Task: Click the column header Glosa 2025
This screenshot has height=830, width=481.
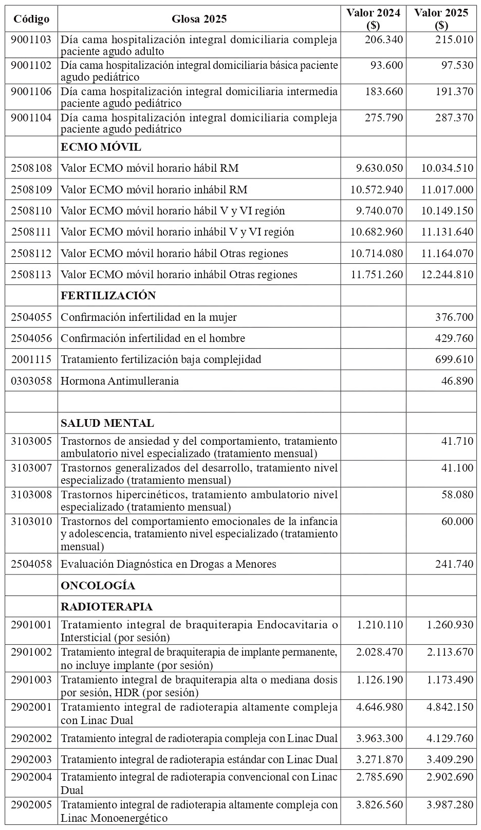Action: pos(199,19)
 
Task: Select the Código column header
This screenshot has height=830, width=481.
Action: pos(31,19)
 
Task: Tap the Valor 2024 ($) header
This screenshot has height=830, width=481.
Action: pos(373,19)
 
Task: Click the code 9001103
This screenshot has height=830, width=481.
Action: pos(31,39)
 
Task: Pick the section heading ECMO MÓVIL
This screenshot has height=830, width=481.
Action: pos(101,147)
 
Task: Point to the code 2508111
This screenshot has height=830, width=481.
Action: pos(31,232)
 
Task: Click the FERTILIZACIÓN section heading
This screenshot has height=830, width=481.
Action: pos(108,296)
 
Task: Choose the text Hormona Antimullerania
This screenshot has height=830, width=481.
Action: pos(120,381)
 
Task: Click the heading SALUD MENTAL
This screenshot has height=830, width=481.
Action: pos(107,423)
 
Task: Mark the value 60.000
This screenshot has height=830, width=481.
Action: pos(457,521)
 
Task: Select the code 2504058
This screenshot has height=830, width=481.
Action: pos(31,564)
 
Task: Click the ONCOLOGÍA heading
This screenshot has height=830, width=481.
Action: pos(98,586)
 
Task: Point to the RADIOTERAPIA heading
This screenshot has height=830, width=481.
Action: pos(106,607)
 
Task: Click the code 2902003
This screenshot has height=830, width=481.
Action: pos(31,759)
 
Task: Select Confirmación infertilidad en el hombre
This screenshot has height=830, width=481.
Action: pos(153,338)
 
